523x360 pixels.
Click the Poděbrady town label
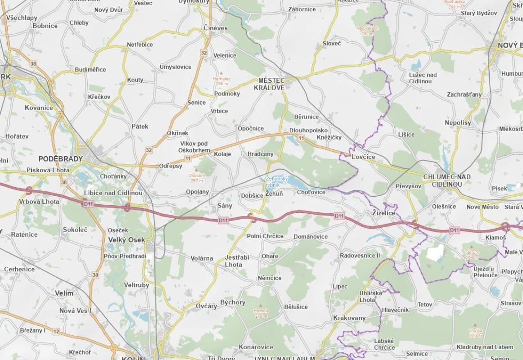pos(61,159)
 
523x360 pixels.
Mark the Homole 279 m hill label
pos(261,313)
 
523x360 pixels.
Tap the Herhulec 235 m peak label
pos(222,81)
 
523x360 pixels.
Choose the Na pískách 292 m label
pos(367,30)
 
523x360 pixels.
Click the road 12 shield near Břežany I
pos(56,332)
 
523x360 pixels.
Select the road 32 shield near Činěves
pos(204,53)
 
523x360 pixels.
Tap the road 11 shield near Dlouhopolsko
pos(301,138)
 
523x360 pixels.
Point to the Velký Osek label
pos(126,240)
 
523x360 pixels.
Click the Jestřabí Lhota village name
pos(237,261)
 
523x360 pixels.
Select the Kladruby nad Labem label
pos(485,347)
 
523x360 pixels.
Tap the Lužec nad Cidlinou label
pos(423,78)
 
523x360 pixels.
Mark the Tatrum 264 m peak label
pos(472,255)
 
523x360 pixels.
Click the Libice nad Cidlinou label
pos(113,193)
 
